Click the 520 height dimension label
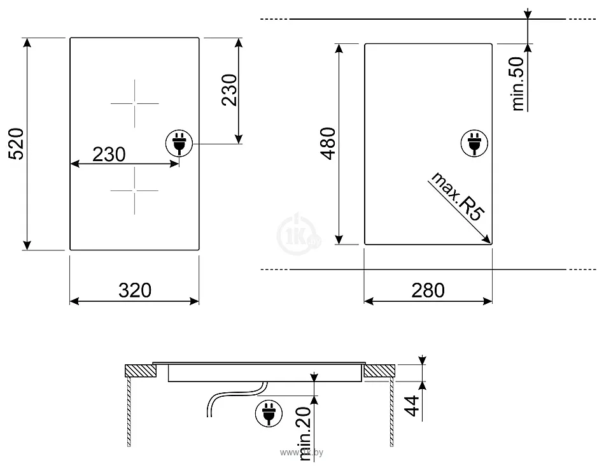(x=17, y=144)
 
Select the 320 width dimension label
(x=135, y=290)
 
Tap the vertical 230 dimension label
(x=229, y=90)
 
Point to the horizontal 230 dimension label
(x=109, y=154)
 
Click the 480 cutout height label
(x=328, y=143)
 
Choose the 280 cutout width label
(x=428, y=290)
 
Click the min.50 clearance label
(x=518, y=83)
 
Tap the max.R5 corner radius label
(x=457, y=197)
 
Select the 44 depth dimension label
(x=412, y=406)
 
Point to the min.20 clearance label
(x=305, y=433)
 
